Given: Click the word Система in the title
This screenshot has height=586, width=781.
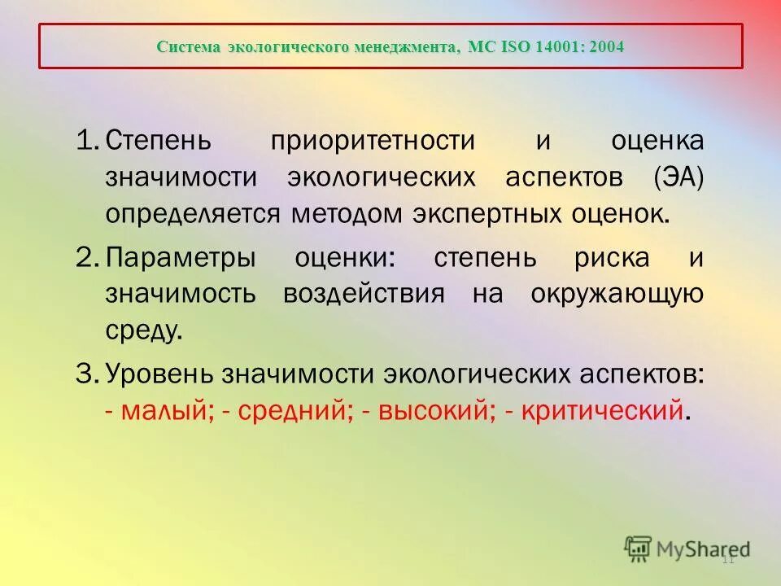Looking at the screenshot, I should (x=189, y=46).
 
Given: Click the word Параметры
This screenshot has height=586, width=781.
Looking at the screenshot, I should (x=180, y=258).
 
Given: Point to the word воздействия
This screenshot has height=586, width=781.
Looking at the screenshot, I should (x=364, y=294).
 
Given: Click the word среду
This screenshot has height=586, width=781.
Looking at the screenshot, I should (x=140, y=330).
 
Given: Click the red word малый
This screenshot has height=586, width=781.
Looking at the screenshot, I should (x=166, y=411).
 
